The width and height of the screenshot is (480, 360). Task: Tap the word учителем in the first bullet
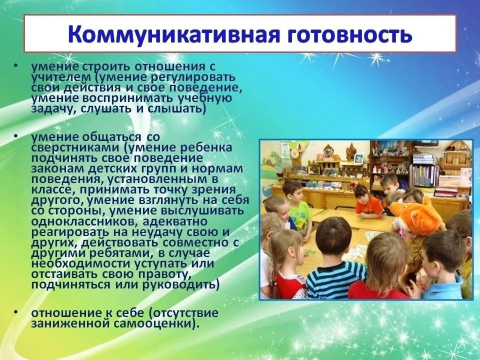point(57,77)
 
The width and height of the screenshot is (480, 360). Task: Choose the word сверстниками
point(76,148)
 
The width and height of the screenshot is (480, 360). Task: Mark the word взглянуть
point(164,200)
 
